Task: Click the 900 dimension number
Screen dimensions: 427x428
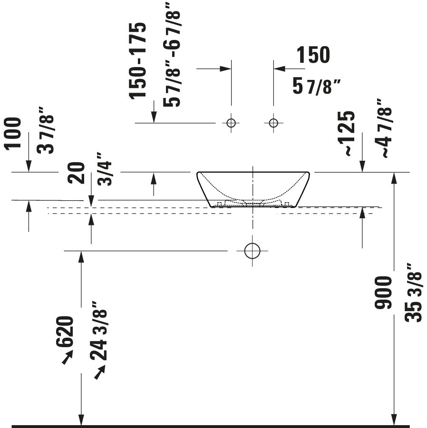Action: point(383,292)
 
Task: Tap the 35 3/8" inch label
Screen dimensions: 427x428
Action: point(413,292)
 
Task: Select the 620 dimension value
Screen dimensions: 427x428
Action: point(65,331)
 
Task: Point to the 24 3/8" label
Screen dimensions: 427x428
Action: point(98,331)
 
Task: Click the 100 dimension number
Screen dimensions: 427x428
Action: point(12,134)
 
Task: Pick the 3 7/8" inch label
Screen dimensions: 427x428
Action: point(45,130)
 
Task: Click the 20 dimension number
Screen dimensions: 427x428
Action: point(76,173)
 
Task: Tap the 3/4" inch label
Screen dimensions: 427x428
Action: point(105,169)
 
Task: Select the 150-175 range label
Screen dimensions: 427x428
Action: point(137,60)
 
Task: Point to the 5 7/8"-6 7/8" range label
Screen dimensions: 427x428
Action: point(172,55)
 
